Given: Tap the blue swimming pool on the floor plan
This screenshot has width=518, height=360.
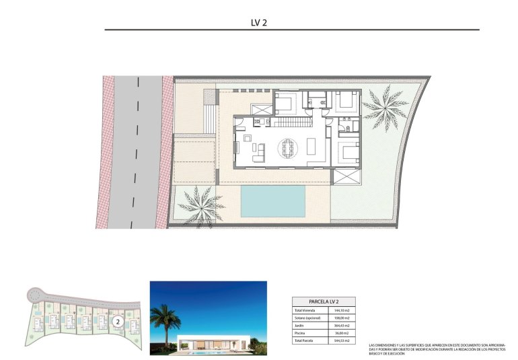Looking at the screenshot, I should tap(273, 200).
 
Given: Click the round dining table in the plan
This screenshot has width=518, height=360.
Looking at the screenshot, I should tap(289, 147).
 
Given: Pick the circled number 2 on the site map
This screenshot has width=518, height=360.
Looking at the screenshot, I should tap(117, 322).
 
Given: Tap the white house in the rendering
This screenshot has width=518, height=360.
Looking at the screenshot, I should tap(215, 340).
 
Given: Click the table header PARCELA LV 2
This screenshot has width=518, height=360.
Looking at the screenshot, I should tap(324, 301).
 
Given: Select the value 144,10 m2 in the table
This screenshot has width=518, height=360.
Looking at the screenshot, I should tap(342, 310).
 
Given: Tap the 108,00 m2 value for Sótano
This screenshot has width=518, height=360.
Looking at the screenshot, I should tap(342, 318).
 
